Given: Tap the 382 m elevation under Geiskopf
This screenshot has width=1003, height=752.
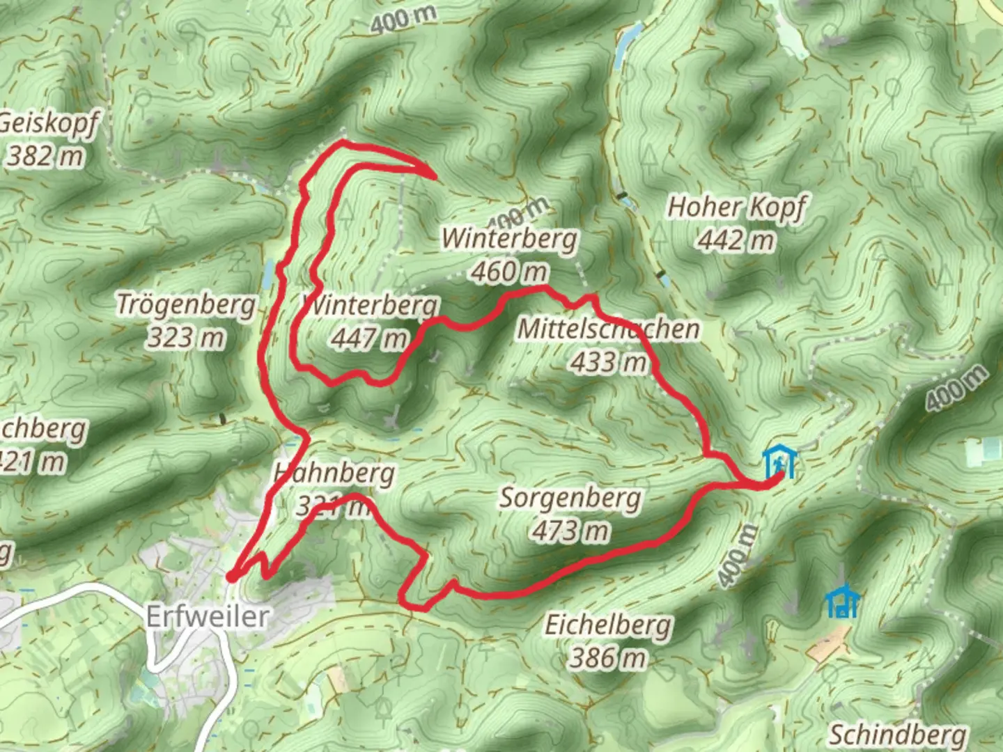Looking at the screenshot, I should pyautogui.click(x=46, y=156).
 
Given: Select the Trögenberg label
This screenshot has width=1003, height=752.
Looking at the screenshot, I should pyautogui.click(x=185, y=305).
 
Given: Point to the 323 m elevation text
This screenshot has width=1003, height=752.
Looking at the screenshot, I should pyautogui.click(x=185, y=338).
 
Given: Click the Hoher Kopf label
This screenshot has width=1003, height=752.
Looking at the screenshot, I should pyautogui.click(x=736, y=207).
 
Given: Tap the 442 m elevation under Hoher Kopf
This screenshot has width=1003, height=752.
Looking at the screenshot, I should pyautogui.click(x=736, y=240).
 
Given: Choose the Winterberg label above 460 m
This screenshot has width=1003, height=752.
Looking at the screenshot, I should pyautogui.click(x=510, y=238).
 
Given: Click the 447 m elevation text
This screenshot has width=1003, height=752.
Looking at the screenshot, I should pyautogui.click(x=369, y=339).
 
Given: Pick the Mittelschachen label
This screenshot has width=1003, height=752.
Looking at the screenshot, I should pyautogui.click(x=608, y=329).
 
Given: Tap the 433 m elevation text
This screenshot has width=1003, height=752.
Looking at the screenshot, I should pyautogui.click(x=608, y=361).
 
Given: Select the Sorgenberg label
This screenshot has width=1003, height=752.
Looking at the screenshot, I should pyautogui.click(x=570, y=498).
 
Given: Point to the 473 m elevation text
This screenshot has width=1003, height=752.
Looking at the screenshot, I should pyautogui.click(x=570, y=531).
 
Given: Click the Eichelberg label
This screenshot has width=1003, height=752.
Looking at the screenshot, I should pyautogui.click(x=608, y=625).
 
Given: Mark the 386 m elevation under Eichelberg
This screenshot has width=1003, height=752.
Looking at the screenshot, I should pyautogui.click(x=608, y=657).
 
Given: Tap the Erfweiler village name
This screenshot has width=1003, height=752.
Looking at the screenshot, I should pyautogui.click(x=207, y=616).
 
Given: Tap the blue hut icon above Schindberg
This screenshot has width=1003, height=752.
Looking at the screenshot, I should pyautogui.click(x=842, y=602).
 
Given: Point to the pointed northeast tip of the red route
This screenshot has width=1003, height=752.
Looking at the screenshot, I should pyautogui.click(x=435, y=176).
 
